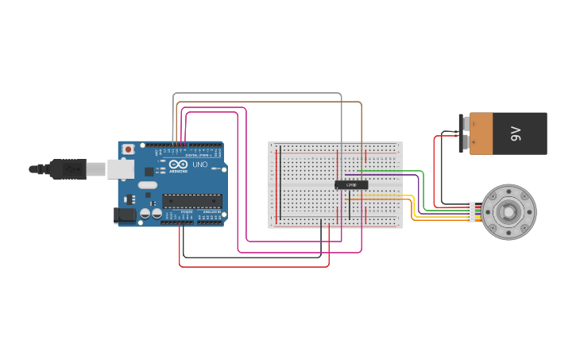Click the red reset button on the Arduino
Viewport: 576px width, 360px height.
pyautogui.click(x=128, y=149)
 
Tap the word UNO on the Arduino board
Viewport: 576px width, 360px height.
pyautogui.click(x=199, y=165)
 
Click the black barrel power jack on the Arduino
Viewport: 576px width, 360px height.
pyautogui.click(x=125, y=215)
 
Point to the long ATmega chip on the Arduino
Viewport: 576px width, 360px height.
pyautogui.click(x=191, y=200)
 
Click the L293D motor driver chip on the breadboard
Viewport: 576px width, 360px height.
pyautogui.click(x=351, y=185)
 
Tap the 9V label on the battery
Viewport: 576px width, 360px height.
pyautogui.click(x=516, y=134)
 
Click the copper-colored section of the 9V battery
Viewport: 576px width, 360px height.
pyautogui.click(x=481, y=134)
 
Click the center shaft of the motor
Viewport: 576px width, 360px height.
pyautogui.click(x=508, y=212)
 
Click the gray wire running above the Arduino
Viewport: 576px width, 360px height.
pyautogui.click(x=254, y=94)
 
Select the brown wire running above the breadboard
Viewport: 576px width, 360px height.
pyautogui.click(x=270, y=103)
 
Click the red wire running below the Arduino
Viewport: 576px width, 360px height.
pyautogui.click(x=254, y=266)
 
